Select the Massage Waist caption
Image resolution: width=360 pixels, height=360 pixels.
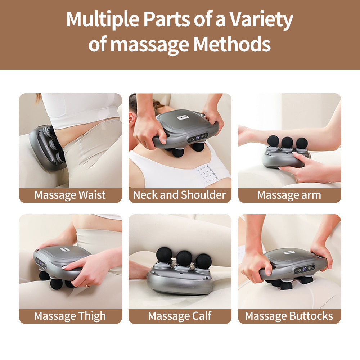click(x=70, y=195)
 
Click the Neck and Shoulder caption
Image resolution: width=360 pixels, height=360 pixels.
click(x=180, y=195)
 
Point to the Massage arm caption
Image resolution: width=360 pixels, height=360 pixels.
click(x=289, y=195)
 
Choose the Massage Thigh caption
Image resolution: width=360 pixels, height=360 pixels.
click(x=70, y=316)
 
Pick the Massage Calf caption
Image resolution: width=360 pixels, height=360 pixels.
click(x=180, y=316)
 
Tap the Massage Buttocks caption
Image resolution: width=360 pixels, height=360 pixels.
click(x=289, y=316)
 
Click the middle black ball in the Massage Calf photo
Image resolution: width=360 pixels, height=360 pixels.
click(x=184, y=258)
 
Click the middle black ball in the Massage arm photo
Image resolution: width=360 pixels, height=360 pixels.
click(x=287, y=142)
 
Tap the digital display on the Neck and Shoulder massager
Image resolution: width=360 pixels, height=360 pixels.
click(x=198, y=137)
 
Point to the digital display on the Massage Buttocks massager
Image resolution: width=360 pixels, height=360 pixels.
click(x=304, y=269)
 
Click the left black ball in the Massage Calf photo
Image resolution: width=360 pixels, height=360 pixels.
click(x=165, y=255)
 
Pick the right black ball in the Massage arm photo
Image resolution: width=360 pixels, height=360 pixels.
click(x=302, y=143)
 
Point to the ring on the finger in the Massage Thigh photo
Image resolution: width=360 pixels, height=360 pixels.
click(x=87, y=285)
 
